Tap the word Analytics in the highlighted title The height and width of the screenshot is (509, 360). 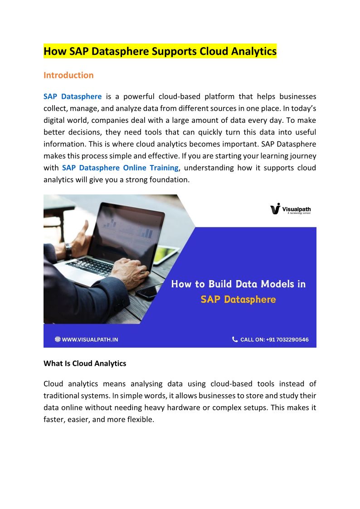pos(253,52)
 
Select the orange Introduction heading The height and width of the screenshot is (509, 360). pos(68,75)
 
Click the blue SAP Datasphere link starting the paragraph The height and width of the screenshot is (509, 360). pos(73,97)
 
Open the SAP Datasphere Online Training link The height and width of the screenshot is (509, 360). pos(120,168)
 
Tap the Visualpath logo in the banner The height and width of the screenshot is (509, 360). pos(290,209)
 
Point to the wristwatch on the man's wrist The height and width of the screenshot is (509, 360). pos(68,250)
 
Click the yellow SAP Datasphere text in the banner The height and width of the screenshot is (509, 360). pos(238,299)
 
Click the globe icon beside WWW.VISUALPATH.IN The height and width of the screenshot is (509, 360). pos(58,339)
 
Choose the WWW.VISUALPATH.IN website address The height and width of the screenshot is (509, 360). pos(89,339)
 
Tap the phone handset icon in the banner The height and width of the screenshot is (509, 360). pos(234,339)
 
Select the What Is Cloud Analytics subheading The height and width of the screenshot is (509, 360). pos(85,364)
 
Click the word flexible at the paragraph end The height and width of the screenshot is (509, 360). pos(139,419)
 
